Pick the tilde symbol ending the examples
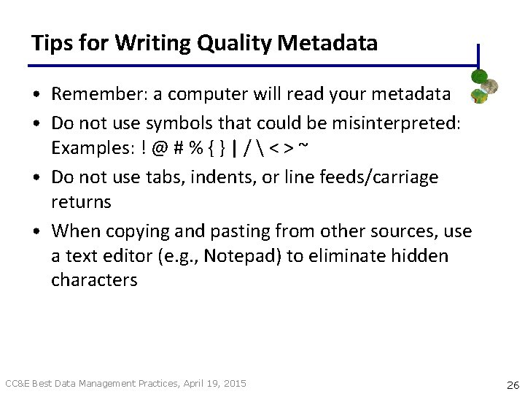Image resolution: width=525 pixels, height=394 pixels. [303, 148]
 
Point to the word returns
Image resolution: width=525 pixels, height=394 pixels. [81, 201]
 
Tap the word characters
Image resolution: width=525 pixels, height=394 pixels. [94, 280]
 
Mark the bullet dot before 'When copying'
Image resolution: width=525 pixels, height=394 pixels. [36, 233]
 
